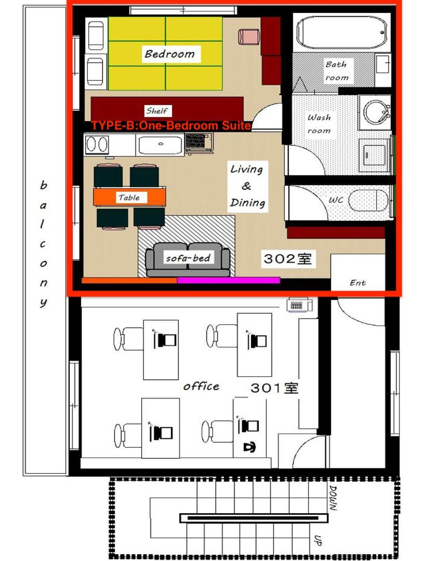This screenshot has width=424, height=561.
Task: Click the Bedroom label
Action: pos(170,54)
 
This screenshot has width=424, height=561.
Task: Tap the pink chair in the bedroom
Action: pos(248,37)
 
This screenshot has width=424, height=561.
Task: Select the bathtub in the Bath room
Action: pos(342,33)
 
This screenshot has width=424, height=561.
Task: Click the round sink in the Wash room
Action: pos(375,112)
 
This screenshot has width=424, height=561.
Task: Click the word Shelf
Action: pos(157,111)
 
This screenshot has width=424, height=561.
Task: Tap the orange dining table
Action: pos(129,197)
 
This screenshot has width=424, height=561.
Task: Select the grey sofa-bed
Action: pos(188,259)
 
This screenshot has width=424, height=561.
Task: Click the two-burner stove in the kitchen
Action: pos(97,145)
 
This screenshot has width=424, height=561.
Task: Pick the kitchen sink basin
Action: pos(161,145)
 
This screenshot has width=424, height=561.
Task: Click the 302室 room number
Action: pos(287,259)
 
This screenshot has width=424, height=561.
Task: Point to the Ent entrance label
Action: pos(357,283)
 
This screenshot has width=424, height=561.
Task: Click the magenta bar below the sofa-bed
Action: pos(229,280)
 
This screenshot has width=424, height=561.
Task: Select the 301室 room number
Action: pos(274,388)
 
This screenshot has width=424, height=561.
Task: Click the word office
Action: pos(201,386)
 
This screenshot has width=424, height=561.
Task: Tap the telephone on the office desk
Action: pos(249,447)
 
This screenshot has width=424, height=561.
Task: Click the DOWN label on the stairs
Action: pos(333,498)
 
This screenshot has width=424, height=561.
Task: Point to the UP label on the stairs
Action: pos(317,540)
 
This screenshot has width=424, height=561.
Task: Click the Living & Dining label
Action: pos(247,186)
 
